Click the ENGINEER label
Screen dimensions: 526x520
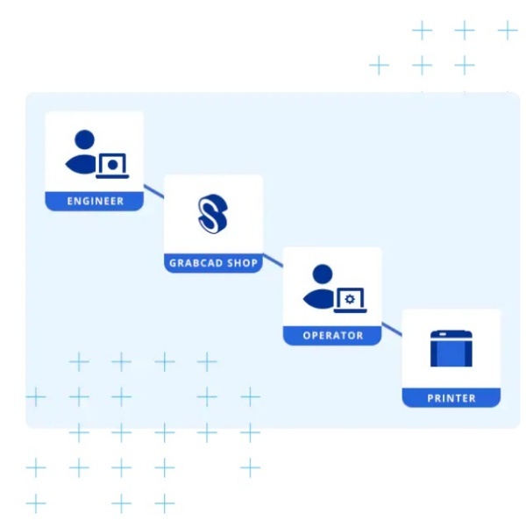96,201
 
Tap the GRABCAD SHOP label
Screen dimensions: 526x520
214,263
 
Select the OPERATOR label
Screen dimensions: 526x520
333,336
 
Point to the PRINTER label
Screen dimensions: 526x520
451,398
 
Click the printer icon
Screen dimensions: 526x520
451,348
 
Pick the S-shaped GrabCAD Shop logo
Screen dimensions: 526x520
213,214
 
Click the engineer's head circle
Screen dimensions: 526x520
84,139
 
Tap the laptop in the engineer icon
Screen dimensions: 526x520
112,166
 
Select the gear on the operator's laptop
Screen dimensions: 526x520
350,298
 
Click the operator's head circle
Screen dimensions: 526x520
323,274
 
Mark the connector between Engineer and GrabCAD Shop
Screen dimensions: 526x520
153,191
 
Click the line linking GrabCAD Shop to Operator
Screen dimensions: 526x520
273,260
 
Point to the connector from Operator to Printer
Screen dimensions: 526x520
392,329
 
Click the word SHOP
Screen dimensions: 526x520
243,263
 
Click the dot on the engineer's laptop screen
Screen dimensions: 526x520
113,164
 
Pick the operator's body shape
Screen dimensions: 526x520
318,298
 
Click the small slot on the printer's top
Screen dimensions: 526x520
443,334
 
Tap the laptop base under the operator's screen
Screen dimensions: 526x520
350,311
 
